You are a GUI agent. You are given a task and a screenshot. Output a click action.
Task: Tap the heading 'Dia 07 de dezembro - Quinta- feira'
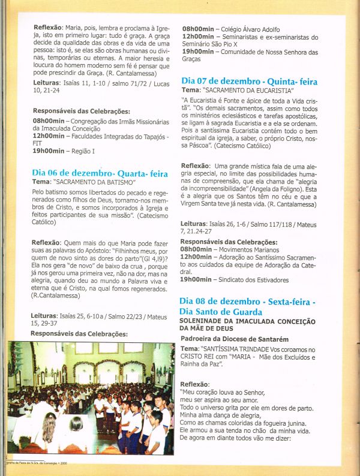click(x=249, y=81)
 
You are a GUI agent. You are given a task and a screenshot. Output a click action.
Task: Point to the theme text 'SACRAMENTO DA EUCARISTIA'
click(x=247, y=90)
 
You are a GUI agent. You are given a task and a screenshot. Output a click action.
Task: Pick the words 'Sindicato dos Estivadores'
click(x=254, y=279)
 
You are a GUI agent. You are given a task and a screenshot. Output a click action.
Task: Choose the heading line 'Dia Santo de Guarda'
click(x=221, y=312)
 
